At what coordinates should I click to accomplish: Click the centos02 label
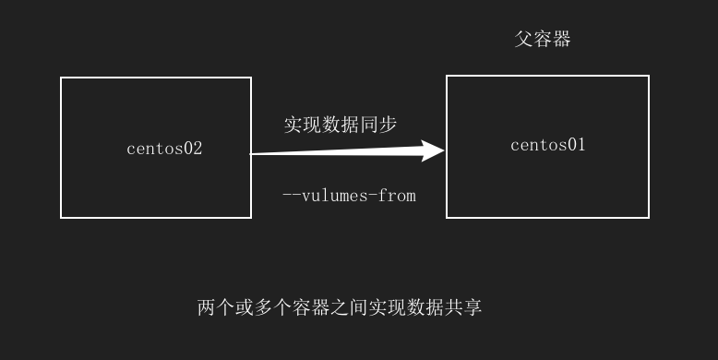[x=164, y=149]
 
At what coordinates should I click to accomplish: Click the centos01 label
[x=548, y=145]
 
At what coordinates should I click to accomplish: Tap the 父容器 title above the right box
[x=543, y=40]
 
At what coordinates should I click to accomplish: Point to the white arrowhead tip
[x=444, y=150]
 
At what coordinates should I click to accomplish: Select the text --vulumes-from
[x=349, y=196]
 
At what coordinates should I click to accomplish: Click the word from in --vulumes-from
[x=398, y=196]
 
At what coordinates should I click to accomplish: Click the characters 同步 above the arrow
[x=378, y=125]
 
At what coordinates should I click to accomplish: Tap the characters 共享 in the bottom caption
[x=462, y=307]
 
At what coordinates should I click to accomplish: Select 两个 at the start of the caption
[x=217, y=307]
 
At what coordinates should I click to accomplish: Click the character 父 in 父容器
[x=524, y=40]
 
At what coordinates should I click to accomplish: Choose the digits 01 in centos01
[x=576, y=145]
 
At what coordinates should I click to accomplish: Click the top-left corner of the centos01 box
[x=447, y=76]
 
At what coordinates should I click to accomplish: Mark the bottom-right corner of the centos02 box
[x=251, y=218]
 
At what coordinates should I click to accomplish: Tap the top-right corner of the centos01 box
[x=649, y=76]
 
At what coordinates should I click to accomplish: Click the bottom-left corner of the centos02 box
[x=61, y=218]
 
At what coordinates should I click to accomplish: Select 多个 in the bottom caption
[x=273, y=307]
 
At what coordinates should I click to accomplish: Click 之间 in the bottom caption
[x=349, y=307]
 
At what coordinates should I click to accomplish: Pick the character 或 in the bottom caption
[x=245, y=307]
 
